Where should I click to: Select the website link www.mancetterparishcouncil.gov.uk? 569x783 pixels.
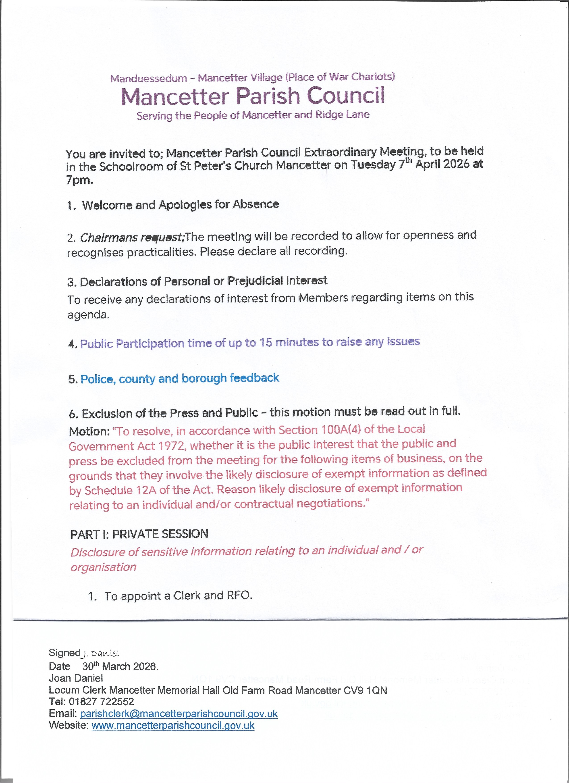pyautogui.click(x=173, y=725)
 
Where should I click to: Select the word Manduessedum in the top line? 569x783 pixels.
pyautogui.click(x=148, y=78)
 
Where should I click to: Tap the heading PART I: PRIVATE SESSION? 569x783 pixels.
pyautogui.click(x=139, y=534)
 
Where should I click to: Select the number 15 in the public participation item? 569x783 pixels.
pyautogui.click(x=266, y=342)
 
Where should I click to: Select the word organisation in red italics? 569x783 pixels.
pyautogui.click(x=104, y=567)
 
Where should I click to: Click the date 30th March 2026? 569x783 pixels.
pyautogui.click(x=120, y=666)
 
